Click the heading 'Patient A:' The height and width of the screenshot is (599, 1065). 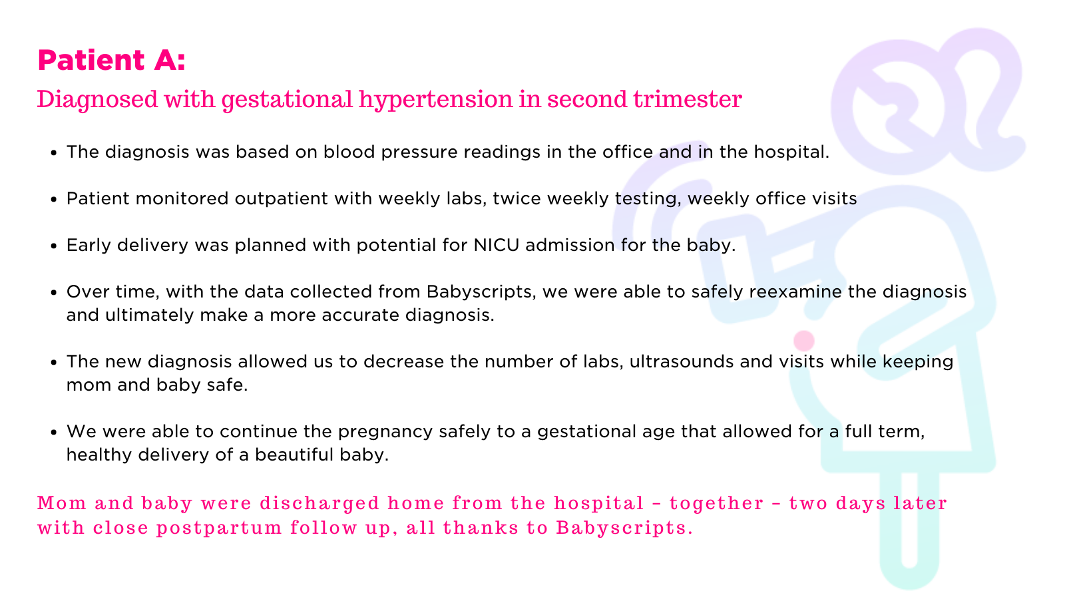(111, 61)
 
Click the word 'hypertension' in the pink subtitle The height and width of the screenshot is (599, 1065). (435, 100)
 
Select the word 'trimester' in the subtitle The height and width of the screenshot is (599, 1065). (688, 99)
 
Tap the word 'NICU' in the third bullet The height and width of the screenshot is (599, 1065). (497, 245)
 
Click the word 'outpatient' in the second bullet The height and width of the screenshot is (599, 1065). (282, 199)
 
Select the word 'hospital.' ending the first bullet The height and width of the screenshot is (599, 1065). (791, 152)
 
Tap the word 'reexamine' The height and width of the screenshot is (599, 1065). (795, 292)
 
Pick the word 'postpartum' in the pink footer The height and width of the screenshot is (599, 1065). (219, 528)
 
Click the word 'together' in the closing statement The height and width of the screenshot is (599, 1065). (716, 503)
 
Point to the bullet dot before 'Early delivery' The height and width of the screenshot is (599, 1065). (54, 246)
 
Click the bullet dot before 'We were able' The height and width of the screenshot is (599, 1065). (54, 433)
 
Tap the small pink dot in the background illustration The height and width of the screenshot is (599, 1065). (804, 341)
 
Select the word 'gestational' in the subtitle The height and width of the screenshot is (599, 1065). (287, 100)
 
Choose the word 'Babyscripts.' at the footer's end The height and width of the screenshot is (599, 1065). (624, 528)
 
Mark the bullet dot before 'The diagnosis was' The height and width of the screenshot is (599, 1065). (54, 153)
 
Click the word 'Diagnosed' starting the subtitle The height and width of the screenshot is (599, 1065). (97, 100)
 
